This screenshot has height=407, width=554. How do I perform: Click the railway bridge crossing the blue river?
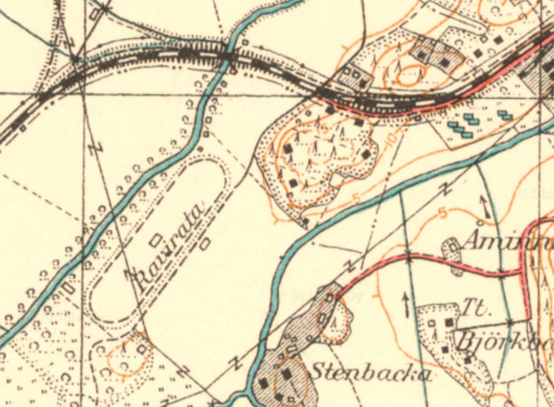229,56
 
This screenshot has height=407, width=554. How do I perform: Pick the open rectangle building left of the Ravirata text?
156,240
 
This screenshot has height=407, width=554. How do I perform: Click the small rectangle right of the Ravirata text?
205,244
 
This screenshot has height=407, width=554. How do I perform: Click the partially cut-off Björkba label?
505,342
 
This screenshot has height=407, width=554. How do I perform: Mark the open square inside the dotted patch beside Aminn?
453,248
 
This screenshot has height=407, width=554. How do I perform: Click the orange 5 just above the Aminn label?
443,213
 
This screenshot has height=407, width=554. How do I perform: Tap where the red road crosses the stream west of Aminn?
408,256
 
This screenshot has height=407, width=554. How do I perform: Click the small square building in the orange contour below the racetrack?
142,349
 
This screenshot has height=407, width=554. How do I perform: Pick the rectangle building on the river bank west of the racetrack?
69,288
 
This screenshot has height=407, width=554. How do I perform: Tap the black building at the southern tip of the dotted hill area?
305,223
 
